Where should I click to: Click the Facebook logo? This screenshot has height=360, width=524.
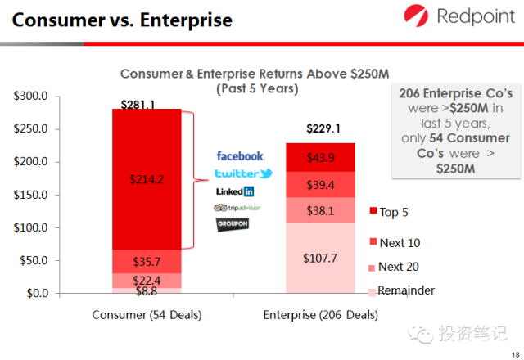tap(240, 155)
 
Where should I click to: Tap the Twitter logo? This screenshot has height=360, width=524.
tap(243, 173)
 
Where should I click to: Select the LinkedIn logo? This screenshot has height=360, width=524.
tap(235, 191)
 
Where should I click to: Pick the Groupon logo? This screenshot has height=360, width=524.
tap(233, 223)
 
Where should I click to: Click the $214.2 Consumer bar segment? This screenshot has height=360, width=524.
tap(147, 179)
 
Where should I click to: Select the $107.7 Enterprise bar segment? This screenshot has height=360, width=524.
tap(321, 257)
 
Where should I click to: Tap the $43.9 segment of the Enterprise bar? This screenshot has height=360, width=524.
tap(321, 158)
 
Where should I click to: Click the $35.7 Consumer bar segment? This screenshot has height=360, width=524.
tap(147, 262)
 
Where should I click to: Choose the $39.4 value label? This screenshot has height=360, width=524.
tap(321, 186)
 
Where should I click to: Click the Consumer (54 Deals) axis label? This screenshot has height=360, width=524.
tap(147, 315)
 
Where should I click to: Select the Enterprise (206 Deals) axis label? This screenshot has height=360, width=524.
tap(321, 315)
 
